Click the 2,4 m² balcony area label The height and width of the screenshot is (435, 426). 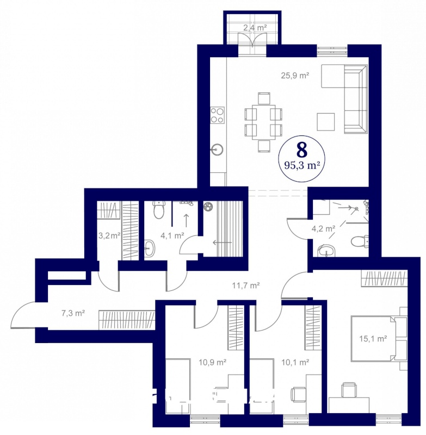click(x=255, y=28)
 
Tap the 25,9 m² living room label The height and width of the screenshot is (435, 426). click(x=295, y=75)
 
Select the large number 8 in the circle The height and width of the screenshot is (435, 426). click(x=302, y=151)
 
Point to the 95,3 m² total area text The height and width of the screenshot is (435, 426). click(x=302, y=166)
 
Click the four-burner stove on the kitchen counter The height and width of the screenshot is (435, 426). click(x=217, y=115)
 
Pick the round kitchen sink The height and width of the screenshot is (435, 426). click(x=217, y=150)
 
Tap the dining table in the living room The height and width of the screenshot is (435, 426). click(x=264, y=122)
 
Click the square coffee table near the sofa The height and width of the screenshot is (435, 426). click(x=326, y=121)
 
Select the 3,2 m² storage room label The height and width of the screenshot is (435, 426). click(x=109, y=236)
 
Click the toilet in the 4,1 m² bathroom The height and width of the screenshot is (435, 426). click(x=158, y=210)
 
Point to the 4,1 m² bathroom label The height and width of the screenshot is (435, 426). click(x=172, y=236)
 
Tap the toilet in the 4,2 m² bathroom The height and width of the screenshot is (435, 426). click(x=360, y=241)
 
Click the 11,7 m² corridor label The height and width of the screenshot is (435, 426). click(x=246, y=285)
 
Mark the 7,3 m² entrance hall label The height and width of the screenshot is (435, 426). click(x=73, y=313)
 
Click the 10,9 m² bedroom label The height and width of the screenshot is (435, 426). click(x=212, y=362)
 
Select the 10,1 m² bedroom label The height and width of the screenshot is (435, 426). click(x=295, y=362)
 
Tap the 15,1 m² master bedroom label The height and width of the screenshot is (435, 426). click(x=373, y=339)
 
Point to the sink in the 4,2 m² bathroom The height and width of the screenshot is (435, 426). click(x=326, y=251)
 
